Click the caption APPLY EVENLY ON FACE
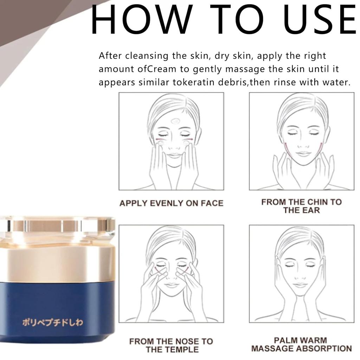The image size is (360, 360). click(171, 203)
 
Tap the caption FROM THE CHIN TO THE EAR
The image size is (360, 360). click(301, 206)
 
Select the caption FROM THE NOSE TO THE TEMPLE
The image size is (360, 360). click(171, 345)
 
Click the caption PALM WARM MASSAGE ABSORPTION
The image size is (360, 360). click(301, 345)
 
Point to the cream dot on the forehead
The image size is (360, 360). click(174, 122)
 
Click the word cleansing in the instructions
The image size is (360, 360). click(146, 56)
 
